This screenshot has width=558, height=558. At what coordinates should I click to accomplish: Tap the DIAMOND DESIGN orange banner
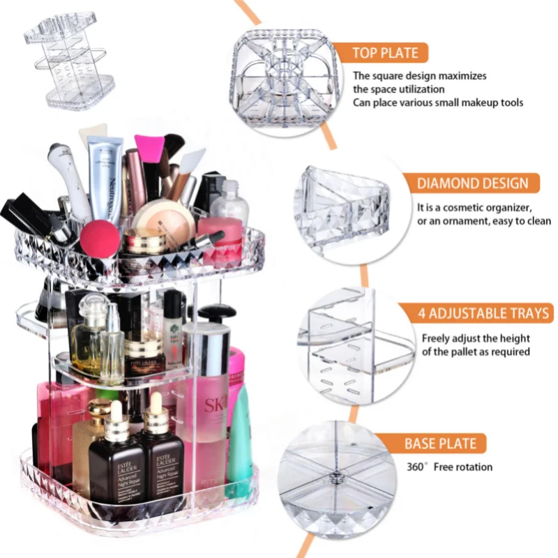click(x=472, y=183)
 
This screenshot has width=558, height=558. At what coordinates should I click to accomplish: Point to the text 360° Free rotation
click(x=449, y=467)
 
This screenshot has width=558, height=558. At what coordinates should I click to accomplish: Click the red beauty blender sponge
click(x=100, y=239)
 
